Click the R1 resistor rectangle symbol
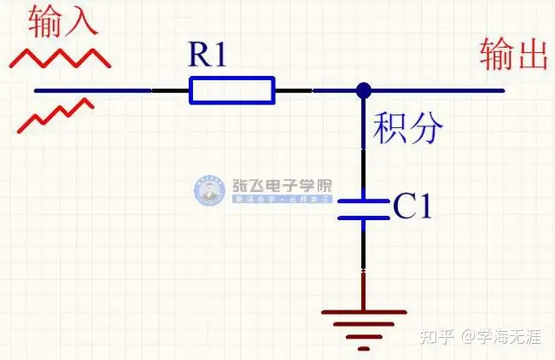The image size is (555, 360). (x=232, y=90)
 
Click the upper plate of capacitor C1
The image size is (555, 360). (x=364, y=201)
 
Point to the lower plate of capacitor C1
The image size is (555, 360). (x=364, y=218)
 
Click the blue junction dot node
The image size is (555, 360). (x=364, y=90)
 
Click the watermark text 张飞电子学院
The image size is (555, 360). (x=282, y=186)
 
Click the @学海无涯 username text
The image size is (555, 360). (x=502, y=336)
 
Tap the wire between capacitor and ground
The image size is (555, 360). (x=364, y=264)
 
